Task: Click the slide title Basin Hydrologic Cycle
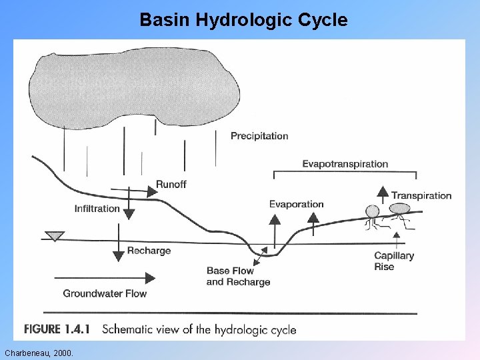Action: pos(243,20)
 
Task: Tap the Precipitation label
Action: pos(259,136)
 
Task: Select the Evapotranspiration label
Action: pos(345,164)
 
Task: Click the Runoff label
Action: pos(171,185)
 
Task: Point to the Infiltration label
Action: pos(97,209)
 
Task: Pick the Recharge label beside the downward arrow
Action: pos(149,251)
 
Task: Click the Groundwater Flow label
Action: pos(105,293)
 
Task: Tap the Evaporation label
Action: pos(296,204)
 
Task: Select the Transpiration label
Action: pos(421,196)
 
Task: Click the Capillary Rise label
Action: pos(393,261)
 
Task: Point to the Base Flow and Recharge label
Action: pos(238,276)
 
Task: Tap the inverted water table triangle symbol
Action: pos(54,236)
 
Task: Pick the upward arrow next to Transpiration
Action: pos(383,194)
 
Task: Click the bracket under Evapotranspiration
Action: pos(345,173)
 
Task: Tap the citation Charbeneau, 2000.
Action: pos(39,352)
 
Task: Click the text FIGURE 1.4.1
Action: pos(57,329)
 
